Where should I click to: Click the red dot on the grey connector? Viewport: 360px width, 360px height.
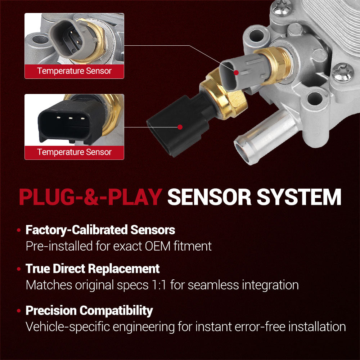(236, 73)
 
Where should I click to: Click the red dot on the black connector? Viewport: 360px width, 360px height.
(180, 127)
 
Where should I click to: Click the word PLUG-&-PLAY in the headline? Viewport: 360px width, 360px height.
(90, 197)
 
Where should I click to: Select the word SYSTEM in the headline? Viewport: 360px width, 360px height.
(299, 197)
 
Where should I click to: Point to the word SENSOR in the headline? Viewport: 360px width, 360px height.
(210, 197)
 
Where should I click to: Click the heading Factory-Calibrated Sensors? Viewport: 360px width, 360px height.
(100, 230)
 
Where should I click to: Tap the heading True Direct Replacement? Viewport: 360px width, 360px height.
(93, 269)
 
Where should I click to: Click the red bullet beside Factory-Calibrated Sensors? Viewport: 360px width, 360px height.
(19, 230)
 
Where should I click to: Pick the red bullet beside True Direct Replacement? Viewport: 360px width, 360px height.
(19, 269)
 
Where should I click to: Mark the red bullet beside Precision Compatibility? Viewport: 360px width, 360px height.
(19, 311)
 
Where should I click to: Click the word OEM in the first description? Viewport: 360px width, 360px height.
(158, 246)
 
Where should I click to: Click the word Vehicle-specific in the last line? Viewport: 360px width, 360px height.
(68, 327)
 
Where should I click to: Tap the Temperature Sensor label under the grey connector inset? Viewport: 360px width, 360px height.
(75, 71)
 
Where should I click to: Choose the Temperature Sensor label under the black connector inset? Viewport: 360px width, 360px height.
(75, 152)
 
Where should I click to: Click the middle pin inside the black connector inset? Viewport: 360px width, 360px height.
(71, 118)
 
